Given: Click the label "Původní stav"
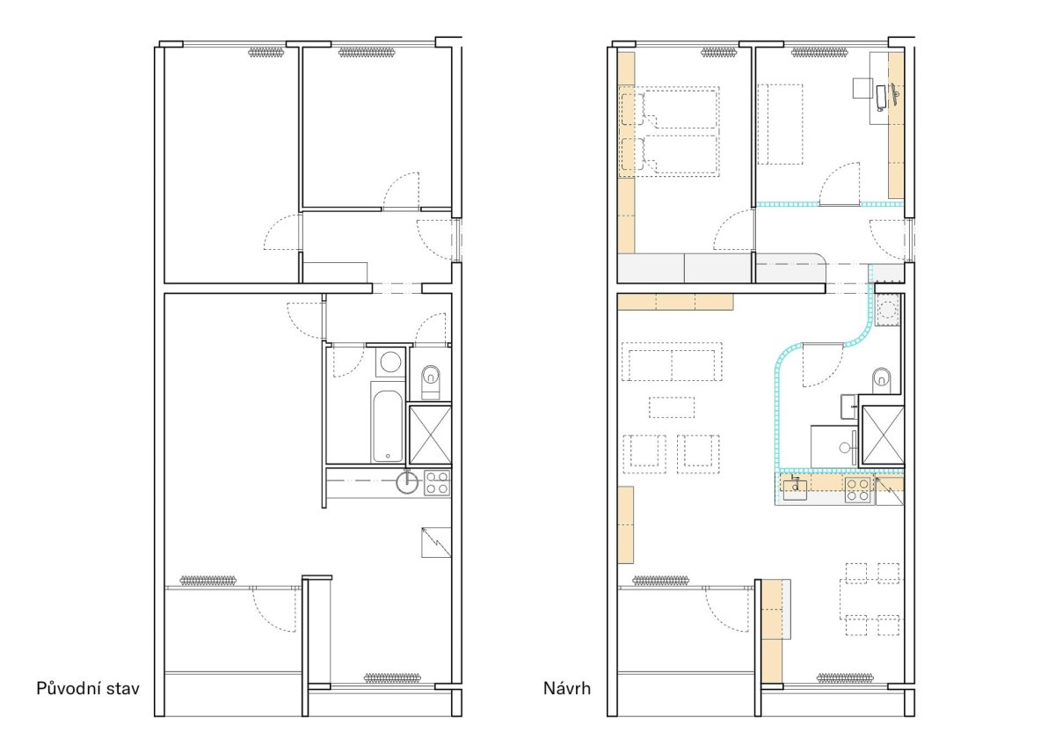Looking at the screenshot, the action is (88, 689).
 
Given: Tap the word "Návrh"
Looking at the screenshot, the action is (566, 689).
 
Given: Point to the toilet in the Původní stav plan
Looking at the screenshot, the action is (431, 381).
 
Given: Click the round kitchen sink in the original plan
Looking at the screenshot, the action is (407, 482).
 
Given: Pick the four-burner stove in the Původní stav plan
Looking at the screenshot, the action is (437, 483).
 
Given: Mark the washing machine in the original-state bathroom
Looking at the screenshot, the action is (390, 363).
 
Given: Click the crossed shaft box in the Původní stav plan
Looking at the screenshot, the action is (431, 436).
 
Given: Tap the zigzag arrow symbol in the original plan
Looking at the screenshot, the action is (436, 542).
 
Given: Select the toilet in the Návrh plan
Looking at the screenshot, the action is (882, 381).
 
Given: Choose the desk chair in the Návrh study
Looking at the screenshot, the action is (862, 88).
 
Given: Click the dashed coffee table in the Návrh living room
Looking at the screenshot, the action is (672, 406).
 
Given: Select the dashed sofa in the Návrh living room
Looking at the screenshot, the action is (672, 362).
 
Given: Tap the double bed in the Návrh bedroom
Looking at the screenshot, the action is (669, 131).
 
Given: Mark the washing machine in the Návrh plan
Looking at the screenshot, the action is (888, 310).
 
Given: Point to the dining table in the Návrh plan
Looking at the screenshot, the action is (869, 599).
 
